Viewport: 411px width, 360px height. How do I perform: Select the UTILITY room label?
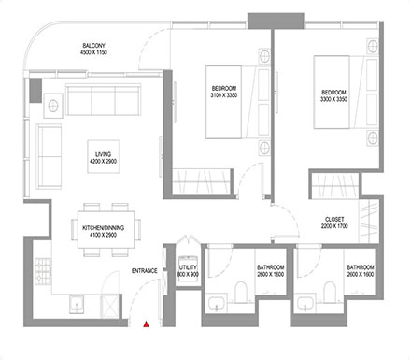tap(188, 268)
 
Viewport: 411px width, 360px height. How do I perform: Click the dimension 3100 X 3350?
tap(226, 96)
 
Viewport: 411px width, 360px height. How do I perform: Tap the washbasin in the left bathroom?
tap(218, 301)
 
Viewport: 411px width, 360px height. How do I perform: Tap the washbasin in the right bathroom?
tap(306, 301)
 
